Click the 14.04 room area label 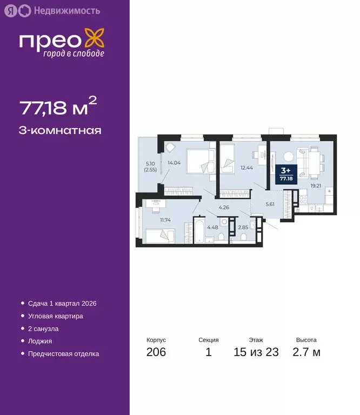(175, 162)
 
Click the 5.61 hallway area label (269, 204)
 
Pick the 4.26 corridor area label (225, 207)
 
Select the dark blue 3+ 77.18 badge (285, 173)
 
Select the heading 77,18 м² (58, 108)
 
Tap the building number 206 (156, 352)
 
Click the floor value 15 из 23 (256, 352)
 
